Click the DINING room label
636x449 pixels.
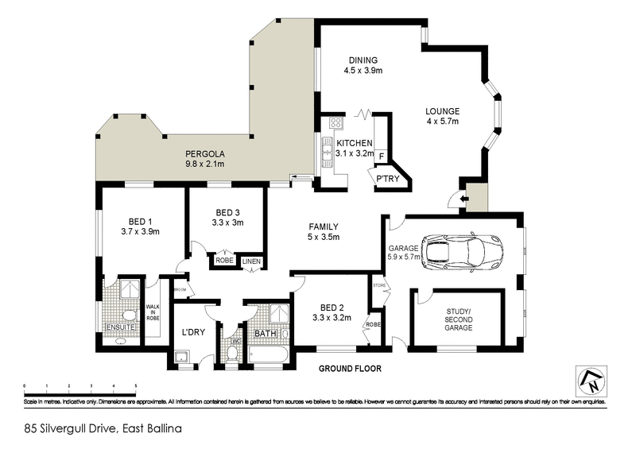pyautogui.click(x=362, y=60)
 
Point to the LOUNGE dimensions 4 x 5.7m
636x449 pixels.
pyautogui.click(x=442, y=122)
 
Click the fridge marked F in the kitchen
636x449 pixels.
pyautogui.click(x=381, y=156)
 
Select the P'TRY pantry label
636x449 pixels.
pyautogui.click(x=387, y=178)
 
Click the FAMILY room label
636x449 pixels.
pyautogui.click(x=324, y=226)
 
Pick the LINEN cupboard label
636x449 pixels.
pyautogui.click(x=251, y=261)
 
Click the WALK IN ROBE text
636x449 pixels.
pyautogui.click(x=153, y=312)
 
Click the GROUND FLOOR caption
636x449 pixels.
pyautogui.click(x=350, y=369)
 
